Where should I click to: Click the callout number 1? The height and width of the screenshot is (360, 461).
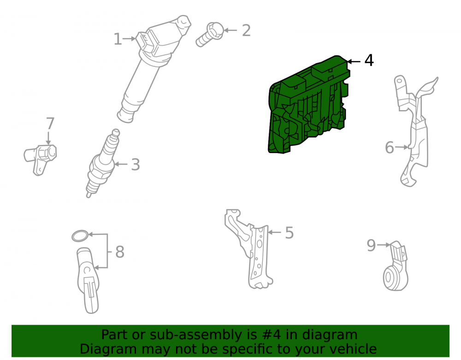118,39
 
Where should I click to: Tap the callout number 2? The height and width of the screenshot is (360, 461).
246,30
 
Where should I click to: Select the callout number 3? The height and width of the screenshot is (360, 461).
135,165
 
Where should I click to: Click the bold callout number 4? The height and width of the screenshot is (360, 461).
369,60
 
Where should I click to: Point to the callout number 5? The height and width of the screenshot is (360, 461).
290,233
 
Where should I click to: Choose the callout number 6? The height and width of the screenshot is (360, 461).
389,148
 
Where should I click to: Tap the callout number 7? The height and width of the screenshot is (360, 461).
50,124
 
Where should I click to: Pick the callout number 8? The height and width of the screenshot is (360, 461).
120,252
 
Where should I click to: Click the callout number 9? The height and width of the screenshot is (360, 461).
371,245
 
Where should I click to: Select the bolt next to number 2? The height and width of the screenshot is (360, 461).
209,35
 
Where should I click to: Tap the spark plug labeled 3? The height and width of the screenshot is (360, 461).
102,163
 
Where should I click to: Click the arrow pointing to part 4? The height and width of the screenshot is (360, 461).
354,61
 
